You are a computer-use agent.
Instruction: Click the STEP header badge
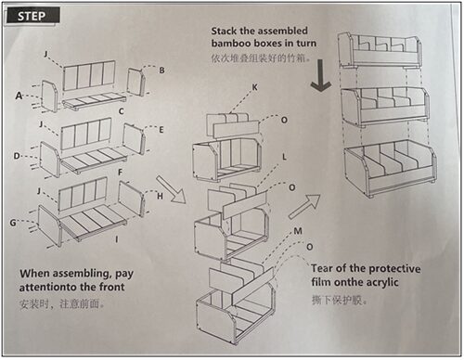[x=32, y=16]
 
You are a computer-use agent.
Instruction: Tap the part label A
[x=19, y=96]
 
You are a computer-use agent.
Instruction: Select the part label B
[x=161, y=71]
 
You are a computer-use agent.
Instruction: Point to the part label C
[x=122, y=111]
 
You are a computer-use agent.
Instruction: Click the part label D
[x=17, y=156]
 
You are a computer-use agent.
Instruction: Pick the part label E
[x=161, y=130]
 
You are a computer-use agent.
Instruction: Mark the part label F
[x=121, y=173]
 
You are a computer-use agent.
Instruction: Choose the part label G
[x=13, y=223]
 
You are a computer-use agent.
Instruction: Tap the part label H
[x=160, y=196]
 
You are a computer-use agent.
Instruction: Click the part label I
[x=117, y=239]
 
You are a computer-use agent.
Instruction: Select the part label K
[x=254, y=87]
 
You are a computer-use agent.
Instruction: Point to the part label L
[x=284, y=157]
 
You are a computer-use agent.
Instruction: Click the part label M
[x=298, y=231]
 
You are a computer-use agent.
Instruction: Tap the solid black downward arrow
[x=321, y=76]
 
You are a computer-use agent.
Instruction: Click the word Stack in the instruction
[x=225, y=31]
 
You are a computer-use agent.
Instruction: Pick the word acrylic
[x=382, y=283]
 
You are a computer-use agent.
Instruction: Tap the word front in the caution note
[x=111, y=287]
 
